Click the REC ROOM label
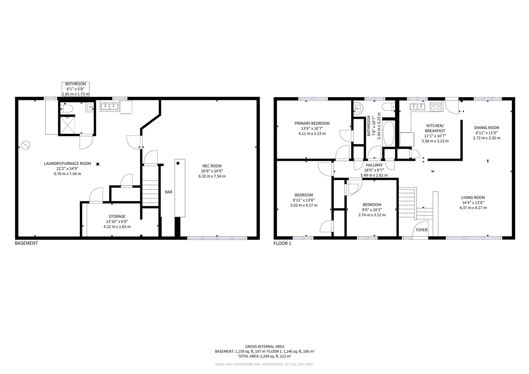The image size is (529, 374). point(212,166)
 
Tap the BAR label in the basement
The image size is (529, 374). point(169,192)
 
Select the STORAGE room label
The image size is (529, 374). point(117,216)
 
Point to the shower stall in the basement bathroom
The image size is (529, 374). point(67,124)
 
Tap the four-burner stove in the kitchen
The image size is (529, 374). point(436,106)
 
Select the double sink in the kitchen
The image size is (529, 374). point(418,106)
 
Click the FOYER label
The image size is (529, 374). point(422,230)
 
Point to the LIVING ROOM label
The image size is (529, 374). point(473,197)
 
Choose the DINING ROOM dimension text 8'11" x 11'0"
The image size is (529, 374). point(487,133)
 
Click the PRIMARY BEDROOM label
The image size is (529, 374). point(312,123)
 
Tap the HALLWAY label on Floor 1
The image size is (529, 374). point(374,165)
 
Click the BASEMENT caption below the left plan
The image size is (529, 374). point(26,243)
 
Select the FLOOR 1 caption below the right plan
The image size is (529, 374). point(282,243)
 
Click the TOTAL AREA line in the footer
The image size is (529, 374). point(264,356)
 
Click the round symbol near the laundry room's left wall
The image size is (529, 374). point(26,145)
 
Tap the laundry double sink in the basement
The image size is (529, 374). point(109,106)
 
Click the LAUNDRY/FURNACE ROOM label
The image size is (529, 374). point(68,164)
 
